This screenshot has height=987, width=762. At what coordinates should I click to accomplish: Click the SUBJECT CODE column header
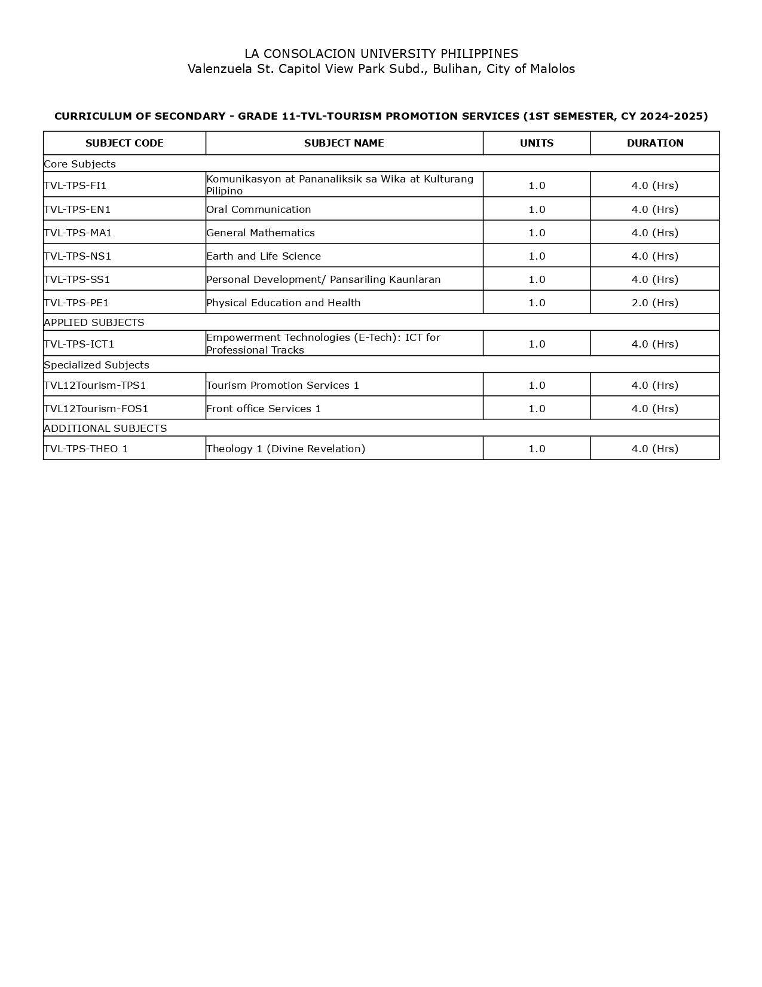(x=124, y=143)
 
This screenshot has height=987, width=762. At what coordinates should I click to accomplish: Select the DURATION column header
(x=655, y=143)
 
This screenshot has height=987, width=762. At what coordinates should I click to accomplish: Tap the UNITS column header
(x=537, y=143)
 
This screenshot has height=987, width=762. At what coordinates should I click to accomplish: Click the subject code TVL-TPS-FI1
(x=75, y=185)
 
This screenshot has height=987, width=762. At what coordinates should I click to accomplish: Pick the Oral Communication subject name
(x=259, y=209)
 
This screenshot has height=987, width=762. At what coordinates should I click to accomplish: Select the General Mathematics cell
(x=261, y=233)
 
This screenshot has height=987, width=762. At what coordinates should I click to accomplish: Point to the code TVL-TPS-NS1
(x=78, y=256)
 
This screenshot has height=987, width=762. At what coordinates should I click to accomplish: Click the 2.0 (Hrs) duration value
(x=655, y=303)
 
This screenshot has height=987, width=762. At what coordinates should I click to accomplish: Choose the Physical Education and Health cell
(x=283, y=303)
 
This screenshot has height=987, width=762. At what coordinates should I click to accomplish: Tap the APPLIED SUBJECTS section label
(x=94, y=322)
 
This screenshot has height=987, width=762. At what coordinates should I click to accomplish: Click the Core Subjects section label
(x=79, y=164)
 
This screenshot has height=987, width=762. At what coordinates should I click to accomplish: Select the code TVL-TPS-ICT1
(x=79, y=344)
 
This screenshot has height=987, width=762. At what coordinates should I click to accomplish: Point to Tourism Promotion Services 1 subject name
(x=283, y=385)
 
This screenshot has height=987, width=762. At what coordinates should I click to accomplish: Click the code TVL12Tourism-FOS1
(x=96, y=409)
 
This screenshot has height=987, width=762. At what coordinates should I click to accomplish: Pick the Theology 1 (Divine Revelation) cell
(x=286, y=449)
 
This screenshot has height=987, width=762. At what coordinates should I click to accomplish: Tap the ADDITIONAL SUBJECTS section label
(x=105, y=428)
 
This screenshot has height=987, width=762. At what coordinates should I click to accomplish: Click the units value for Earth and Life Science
(x=537, y=256)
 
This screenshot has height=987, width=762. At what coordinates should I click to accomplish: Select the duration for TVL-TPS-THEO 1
(x=655, y=449)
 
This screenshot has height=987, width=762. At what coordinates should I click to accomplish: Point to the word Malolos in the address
(x=553, y=69)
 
